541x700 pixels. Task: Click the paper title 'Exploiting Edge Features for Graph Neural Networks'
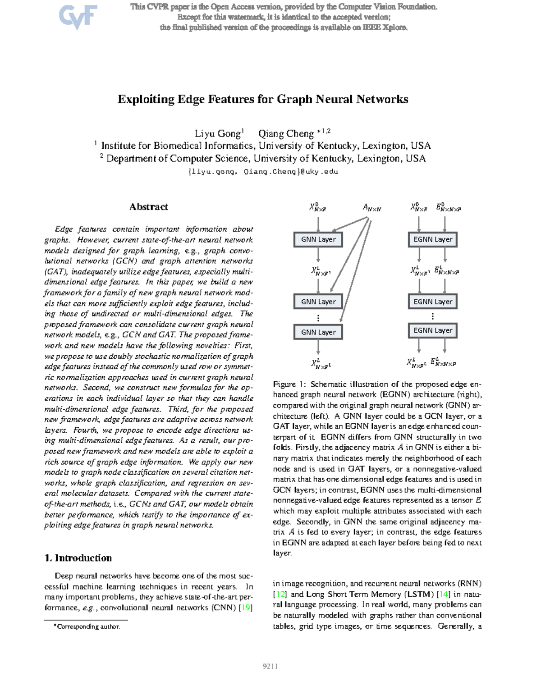click(263, 99)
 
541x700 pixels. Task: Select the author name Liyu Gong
click(218, 134)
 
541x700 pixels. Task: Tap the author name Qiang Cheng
click(286, 134)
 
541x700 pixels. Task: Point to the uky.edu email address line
click(263, 172)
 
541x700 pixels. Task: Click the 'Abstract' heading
click(148, 207)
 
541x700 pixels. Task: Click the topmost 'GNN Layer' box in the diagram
click(318, 239)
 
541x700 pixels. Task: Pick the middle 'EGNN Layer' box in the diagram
click(433, 302)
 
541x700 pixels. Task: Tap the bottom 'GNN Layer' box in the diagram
click(318, 332)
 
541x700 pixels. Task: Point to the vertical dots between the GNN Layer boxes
click(318, 318)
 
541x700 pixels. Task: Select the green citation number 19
click(246, 608)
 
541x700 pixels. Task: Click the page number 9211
click(270, 666)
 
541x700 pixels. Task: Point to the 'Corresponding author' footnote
click(87, 627)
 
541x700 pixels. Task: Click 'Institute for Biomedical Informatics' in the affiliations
click(177, 146)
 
